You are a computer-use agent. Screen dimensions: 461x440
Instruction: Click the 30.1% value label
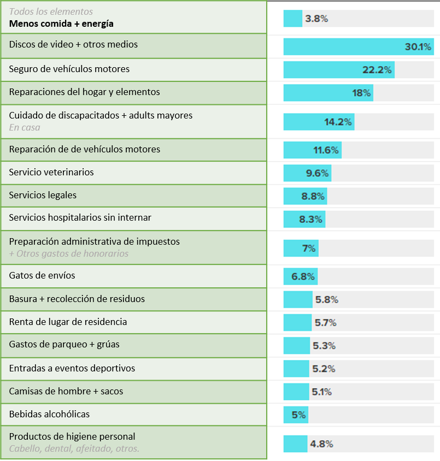[418, 47]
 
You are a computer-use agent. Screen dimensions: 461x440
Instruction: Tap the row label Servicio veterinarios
[51, 172]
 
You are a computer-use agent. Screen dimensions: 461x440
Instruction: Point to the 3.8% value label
[316, 19]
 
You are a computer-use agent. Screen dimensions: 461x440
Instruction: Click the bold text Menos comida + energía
[61, 23]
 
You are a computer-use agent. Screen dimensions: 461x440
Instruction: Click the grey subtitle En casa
[25, 127]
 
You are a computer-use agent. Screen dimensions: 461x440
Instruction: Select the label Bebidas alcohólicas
[49, 414]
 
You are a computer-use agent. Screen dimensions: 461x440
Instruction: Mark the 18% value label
[361, 93]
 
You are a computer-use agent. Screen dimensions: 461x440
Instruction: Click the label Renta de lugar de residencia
[68, 322]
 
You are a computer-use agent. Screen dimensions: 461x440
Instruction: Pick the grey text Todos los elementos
[51, 11]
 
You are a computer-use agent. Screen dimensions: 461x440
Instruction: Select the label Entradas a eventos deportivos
[72, 368]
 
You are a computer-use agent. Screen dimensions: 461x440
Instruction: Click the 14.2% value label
[338, 122]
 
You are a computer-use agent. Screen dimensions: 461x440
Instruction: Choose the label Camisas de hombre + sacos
[66, 391]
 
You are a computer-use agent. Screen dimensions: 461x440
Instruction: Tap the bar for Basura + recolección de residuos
[298, 299]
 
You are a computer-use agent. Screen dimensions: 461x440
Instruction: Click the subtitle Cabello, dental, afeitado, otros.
[74, 449]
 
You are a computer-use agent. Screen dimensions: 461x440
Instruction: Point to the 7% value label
[309, 249]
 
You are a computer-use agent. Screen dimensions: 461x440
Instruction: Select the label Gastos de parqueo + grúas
[64, 345]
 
